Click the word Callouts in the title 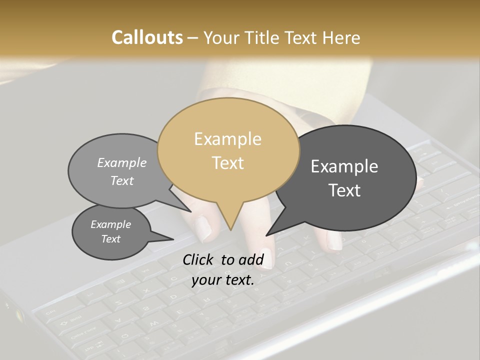147,37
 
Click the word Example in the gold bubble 227,139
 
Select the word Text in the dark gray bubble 344,190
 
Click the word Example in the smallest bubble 110,224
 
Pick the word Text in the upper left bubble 122,181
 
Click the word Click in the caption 199,259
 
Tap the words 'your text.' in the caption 223,280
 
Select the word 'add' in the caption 251,259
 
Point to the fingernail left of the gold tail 202,227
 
